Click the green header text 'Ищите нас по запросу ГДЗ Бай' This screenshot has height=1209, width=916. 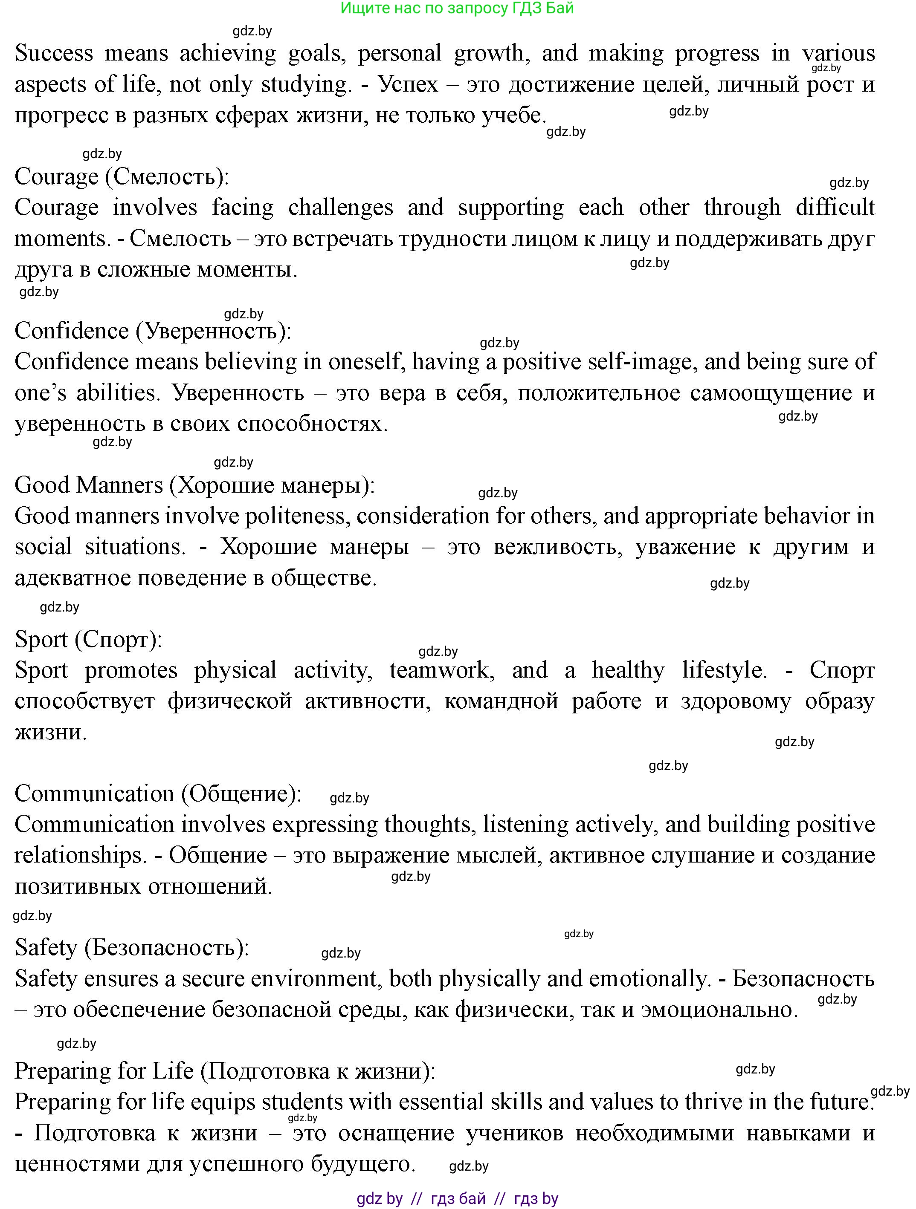(x=457, y=8)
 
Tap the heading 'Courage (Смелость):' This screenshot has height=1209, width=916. (x=122, y=176)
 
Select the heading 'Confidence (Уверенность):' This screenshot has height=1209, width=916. (x=153, y=331)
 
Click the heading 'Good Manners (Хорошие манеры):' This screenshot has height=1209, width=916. (x=194, y=485)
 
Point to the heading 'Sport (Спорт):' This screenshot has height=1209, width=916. (x=88, y=639)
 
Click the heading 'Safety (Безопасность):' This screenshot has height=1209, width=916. (x=131, y=947)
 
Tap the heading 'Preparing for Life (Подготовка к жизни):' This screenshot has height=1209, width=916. (x=224, y=1071)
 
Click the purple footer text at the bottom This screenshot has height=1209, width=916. (x=457, y=1199)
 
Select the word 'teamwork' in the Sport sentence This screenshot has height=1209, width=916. (x=442, y=670)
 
